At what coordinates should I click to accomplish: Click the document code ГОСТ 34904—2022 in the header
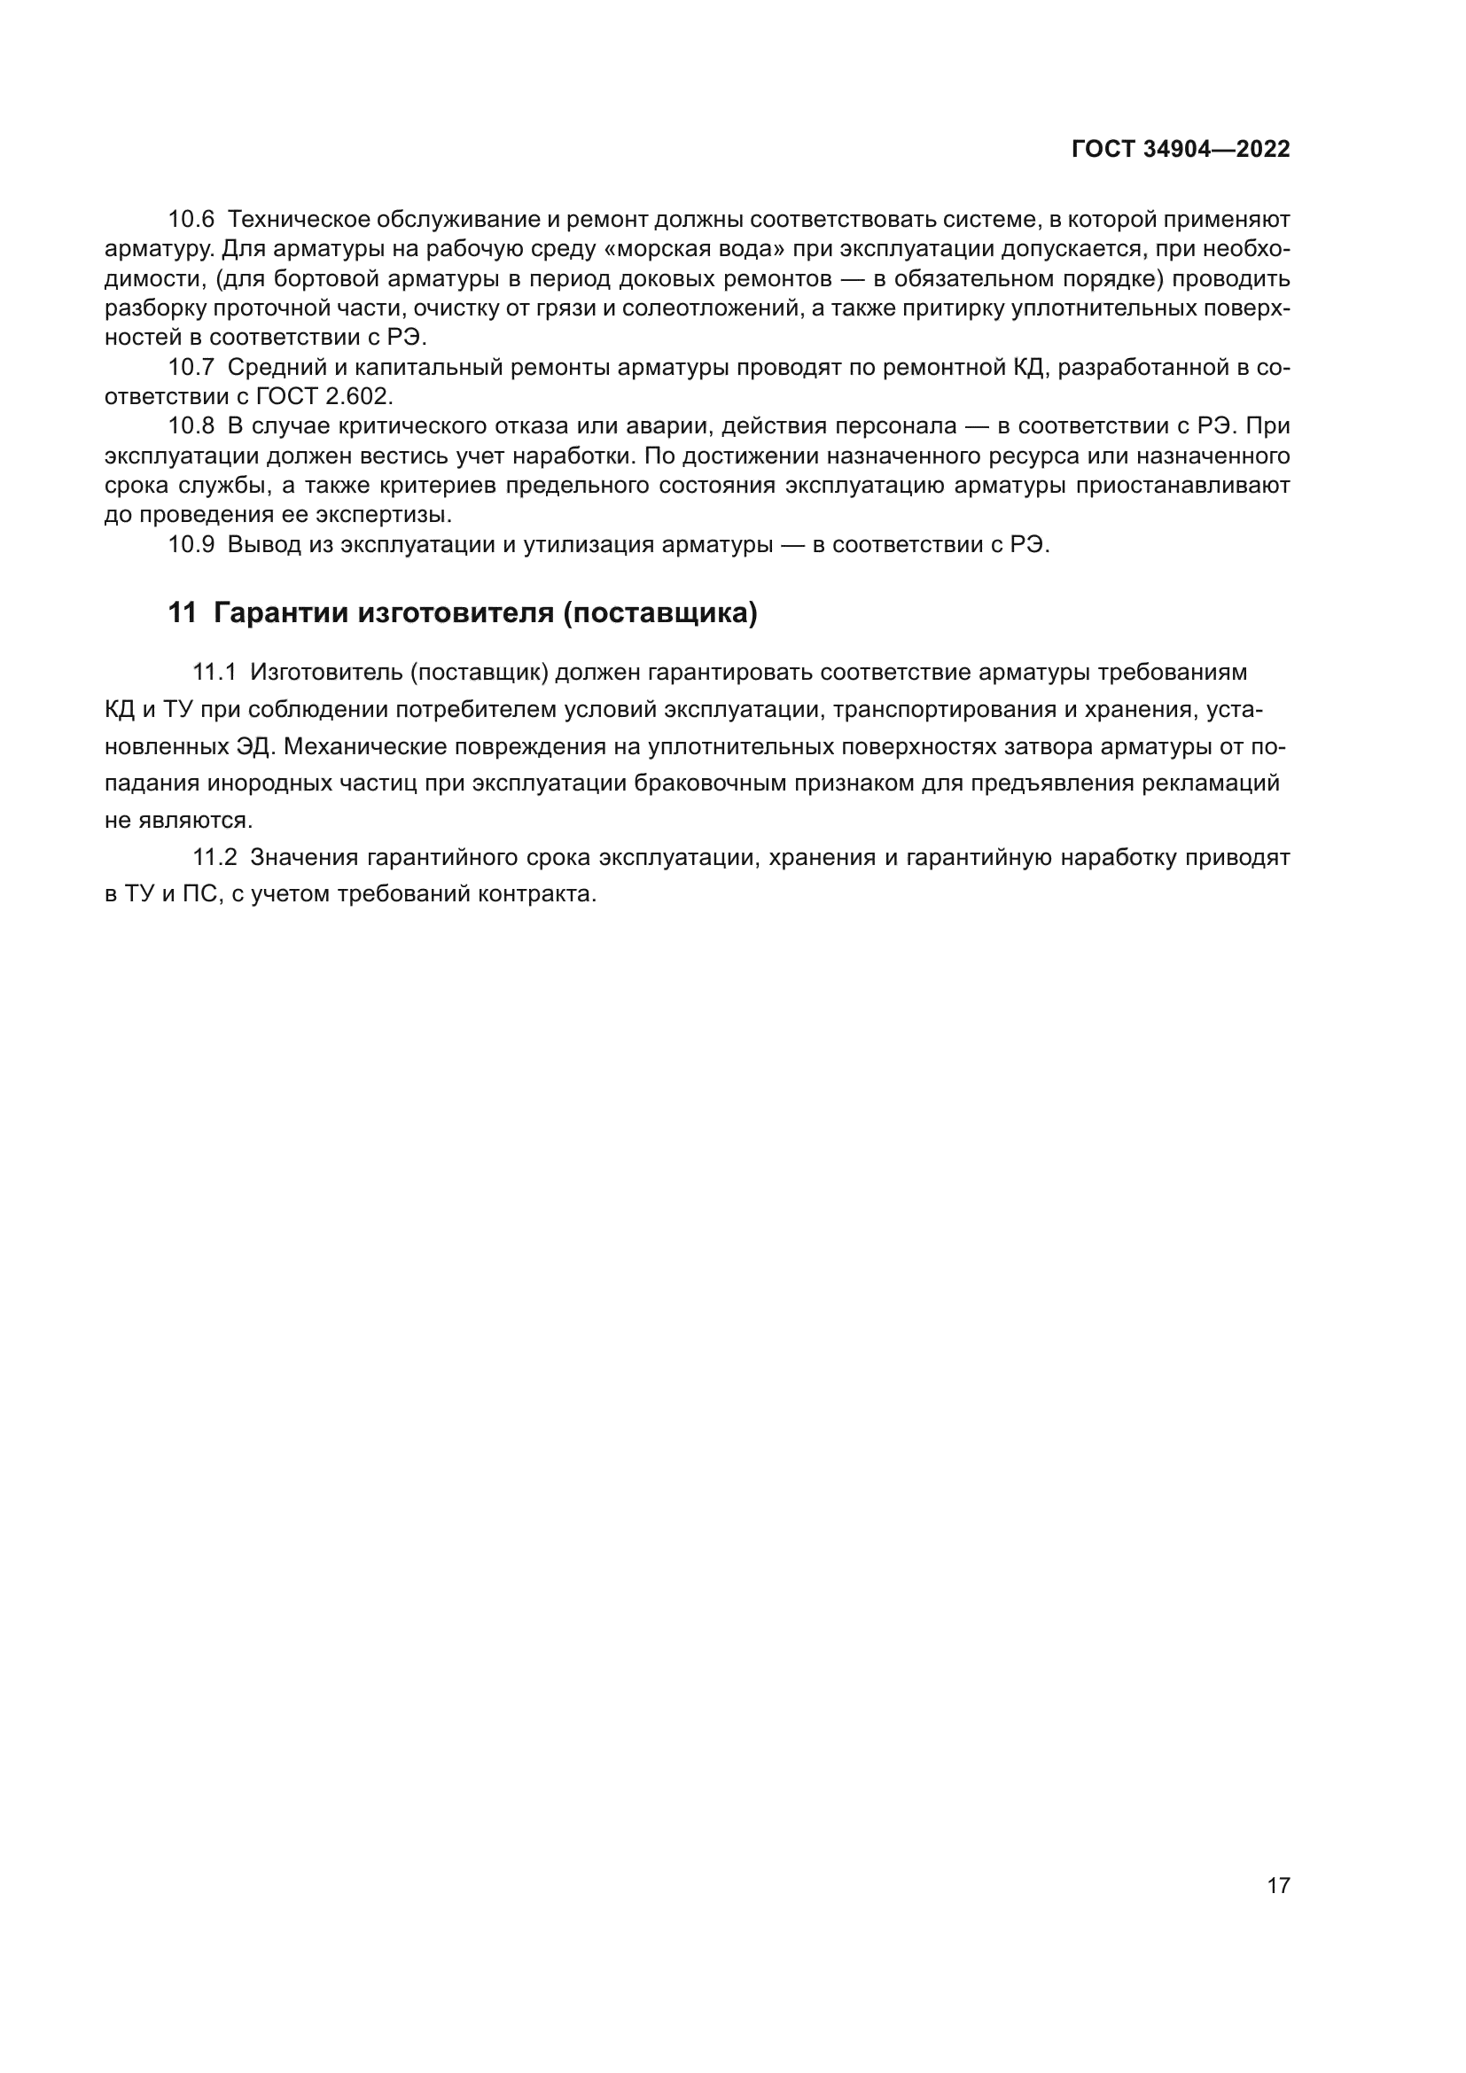pos(1181,150)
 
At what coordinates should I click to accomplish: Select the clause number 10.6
pos(191,220)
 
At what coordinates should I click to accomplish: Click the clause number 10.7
pos(191,368)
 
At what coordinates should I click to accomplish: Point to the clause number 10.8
pos(191,426)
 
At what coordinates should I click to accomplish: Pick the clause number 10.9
pos(191,545)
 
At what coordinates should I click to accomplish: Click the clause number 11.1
pos(214,673)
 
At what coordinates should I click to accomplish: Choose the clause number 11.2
pos(214,857)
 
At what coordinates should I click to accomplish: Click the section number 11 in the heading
pos(182,613)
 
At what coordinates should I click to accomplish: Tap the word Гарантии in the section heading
pos(281,613)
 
